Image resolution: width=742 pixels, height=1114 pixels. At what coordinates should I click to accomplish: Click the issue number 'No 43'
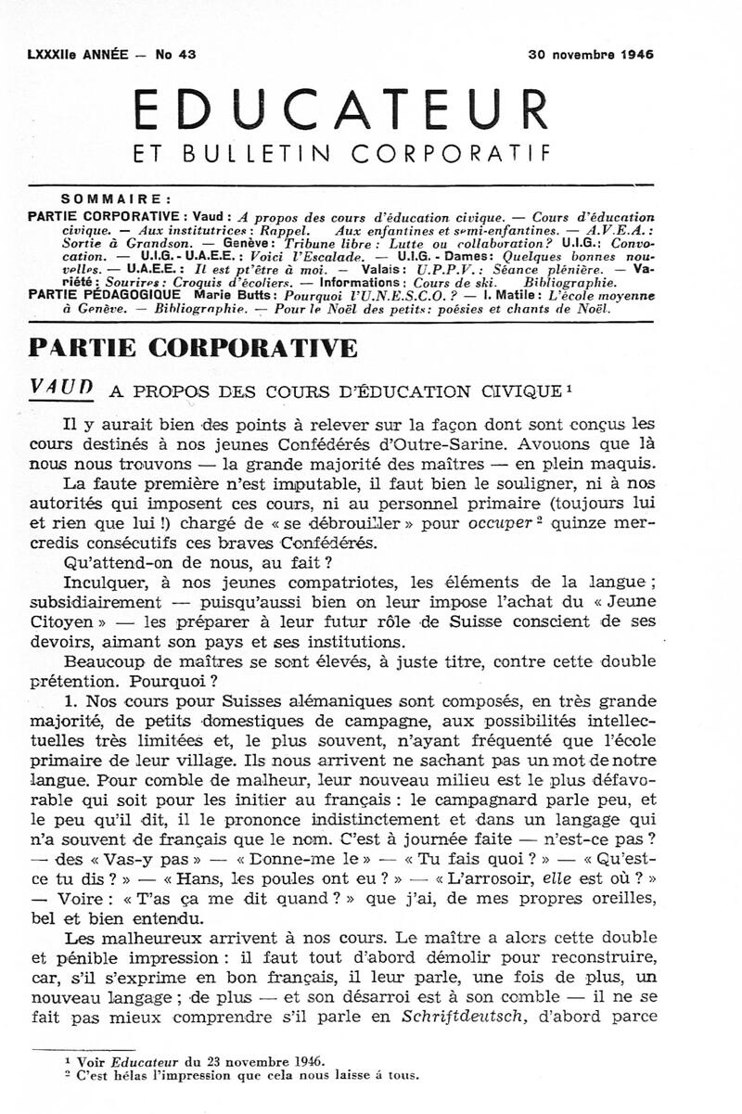click(x=175, y=55)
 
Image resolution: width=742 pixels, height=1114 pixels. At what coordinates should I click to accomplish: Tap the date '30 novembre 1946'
click(x=591, y=55)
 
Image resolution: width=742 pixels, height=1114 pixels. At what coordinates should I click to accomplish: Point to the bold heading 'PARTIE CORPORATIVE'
click(x=194, y=348)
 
